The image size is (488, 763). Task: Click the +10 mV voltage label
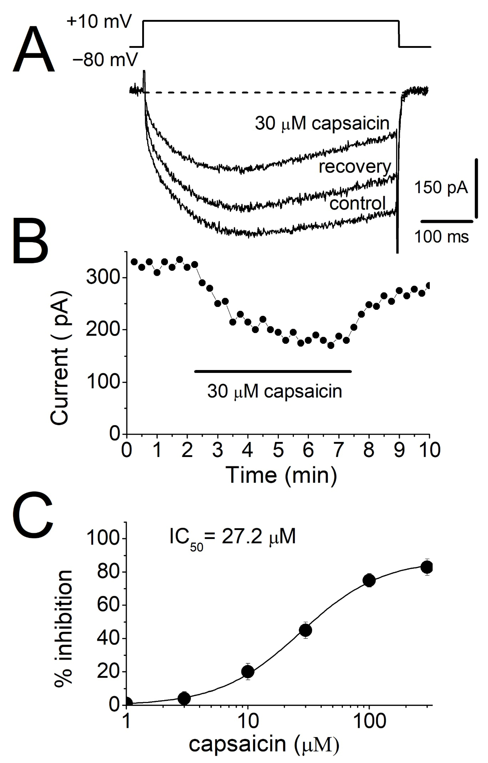pos(99,23)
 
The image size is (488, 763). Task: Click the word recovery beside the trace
pos(355,166)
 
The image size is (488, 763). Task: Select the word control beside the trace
pos(357,203)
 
